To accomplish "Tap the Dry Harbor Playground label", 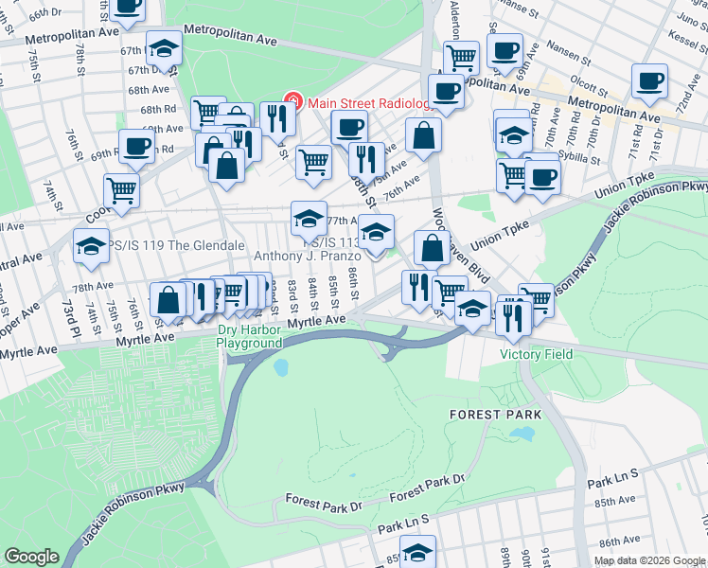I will [x=250, y=336].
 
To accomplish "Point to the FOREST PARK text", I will [x=495, y=415].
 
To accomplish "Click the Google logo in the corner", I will [x=31, y=557].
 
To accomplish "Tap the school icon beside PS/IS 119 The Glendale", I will [x=91, y=245].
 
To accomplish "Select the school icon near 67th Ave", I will [x=164, y=48].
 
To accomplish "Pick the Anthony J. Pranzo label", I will [x=307, y=256].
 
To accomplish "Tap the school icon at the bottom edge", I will [x=417, y=553].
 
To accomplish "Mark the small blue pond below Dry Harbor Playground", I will [x=280, y=365].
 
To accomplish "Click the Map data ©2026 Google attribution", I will [x=649, y=560].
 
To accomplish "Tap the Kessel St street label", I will [x=690, y=41].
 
